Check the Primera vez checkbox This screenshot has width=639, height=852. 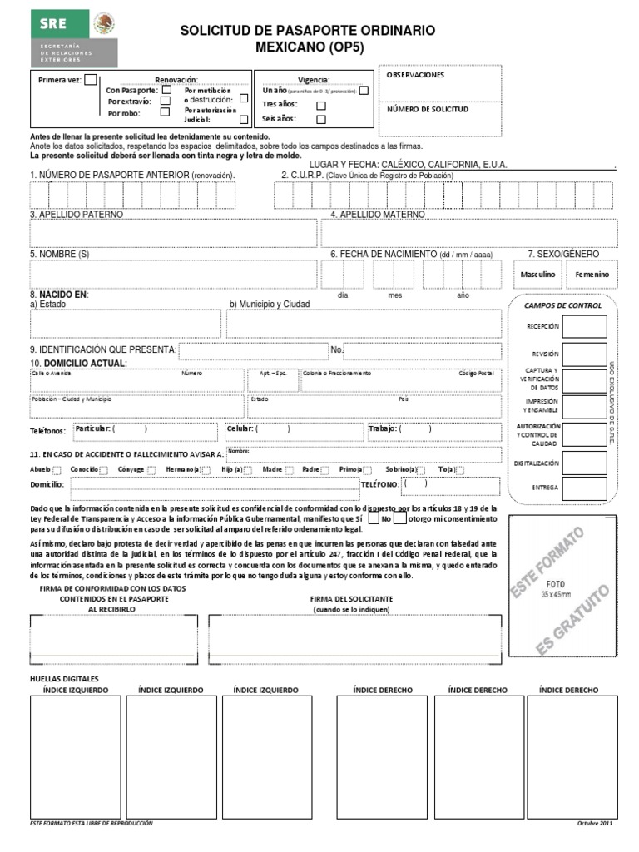(91, 80)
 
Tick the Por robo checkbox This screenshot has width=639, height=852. (165, 111)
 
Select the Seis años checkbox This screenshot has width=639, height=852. (320, 119)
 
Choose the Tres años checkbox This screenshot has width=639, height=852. (320, 105)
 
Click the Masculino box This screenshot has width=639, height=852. (537, 274)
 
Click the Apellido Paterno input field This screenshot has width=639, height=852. (173, 234)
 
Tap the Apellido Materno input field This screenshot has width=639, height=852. (474, 234)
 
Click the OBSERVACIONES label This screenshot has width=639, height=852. (415, 75)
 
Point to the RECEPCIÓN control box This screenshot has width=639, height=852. (584, 327)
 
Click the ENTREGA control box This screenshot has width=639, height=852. (584, 488)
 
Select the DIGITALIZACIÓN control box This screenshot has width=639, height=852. (584, 463)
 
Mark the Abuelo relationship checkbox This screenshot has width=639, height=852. (57, 470)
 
